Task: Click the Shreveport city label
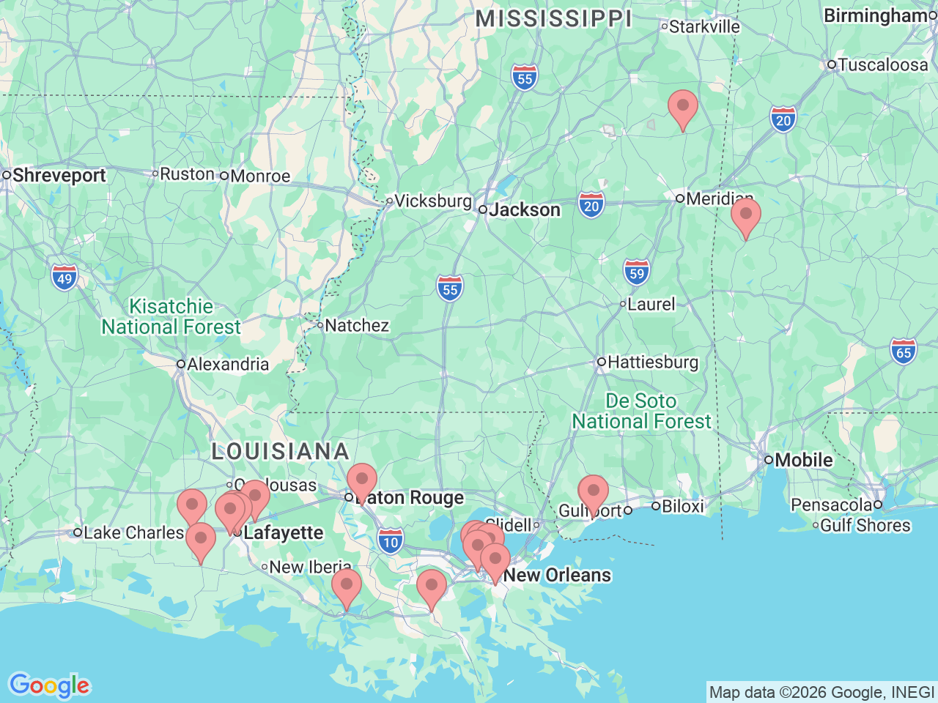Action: coord(59,176)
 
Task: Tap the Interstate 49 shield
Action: coord(64,278)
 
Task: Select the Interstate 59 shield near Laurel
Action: coord(637,273)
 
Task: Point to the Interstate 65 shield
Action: coord(904,352)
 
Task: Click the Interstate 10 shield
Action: coord(391,542)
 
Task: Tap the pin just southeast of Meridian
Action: coord(745,216)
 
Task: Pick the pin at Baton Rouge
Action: coord(361,482)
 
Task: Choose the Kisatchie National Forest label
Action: coord(171,316)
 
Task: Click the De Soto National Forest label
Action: coord(641,411)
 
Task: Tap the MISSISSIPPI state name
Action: coord(553,19)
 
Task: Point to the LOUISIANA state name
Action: coord(280,451)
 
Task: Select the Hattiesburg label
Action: coord(652,362)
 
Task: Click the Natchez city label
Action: coord(356,325)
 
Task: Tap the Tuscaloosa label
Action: coord(882,65)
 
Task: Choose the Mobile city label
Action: coord(803,460)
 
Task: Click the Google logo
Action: coord(49,685)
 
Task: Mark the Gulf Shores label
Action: coord(865,526)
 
